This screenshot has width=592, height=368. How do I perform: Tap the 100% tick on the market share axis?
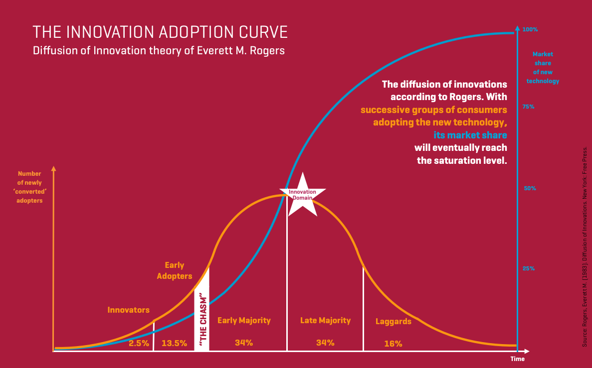point(530,30)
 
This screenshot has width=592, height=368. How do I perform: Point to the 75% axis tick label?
point(528,107)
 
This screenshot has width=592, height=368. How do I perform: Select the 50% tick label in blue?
point(529,189)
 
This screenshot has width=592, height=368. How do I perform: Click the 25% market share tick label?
point(529,269)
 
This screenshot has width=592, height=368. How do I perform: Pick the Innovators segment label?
point(129,310)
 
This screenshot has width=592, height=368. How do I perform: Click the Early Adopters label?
point(175,271)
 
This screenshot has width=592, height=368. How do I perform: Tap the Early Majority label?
point(244,321)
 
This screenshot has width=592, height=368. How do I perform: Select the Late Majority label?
point(325,321)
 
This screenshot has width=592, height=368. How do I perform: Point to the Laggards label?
point(394,322)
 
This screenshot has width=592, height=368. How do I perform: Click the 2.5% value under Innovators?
point(139,343)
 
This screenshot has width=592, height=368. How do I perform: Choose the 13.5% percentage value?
point(174,343)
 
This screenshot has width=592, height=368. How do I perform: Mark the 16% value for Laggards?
point(393,344)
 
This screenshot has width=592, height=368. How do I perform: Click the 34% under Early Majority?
point(244,343)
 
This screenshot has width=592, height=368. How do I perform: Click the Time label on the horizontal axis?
point(517,359)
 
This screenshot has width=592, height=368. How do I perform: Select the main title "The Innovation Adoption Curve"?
point(160,32)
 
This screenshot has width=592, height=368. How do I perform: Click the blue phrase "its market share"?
point(470,135)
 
